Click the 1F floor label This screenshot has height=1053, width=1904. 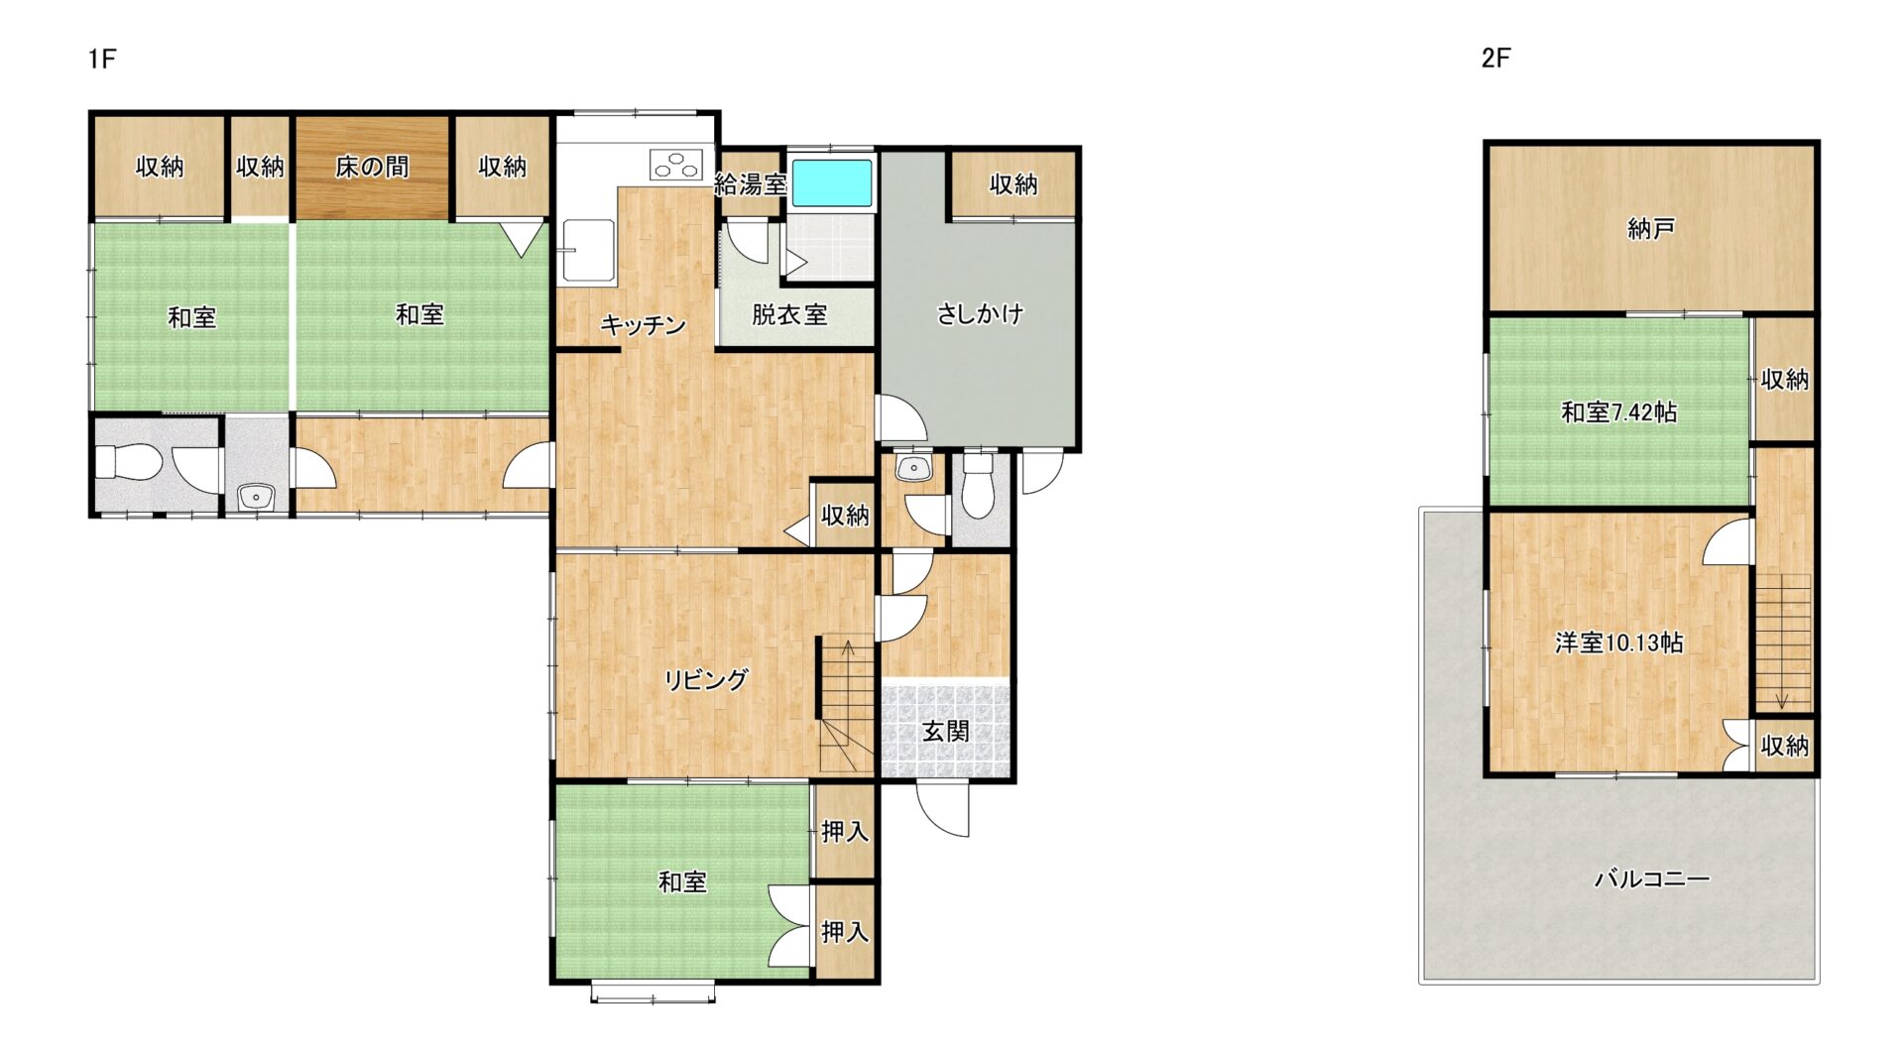pyautogui.click(x=102, y=58)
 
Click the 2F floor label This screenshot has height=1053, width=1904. pyautogui.click(x=1495, y=58)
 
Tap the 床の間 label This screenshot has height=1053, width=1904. pyautogui.click(x=372, y=167)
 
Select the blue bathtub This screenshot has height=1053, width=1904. pyautogui.click(x=832, y=182)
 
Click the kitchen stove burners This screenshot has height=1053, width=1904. pyautogui.click(x=676, y=165)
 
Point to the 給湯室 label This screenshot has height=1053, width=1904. pyautogui.click(x=751, y=184)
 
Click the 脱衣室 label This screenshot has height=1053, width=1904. pyautogui.click(x=789, y=315)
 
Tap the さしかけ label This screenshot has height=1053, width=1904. pyautogui.click(x=980, y=314)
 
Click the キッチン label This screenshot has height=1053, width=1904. pyautogui.click(x=644, y=324)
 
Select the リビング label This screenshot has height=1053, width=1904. pyautogui.click(x=705, y=680)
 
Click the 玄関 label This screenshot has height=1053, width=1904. pyautogui.click(x=945, y=731)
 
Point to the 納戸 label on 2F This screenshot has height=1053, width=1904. pyautogui.click(x=1651, y=229)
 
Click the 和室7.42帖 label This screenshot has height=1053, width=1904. pyautogui.click(x=1618, y=412)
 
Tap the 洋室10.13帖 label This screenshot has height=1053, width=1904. pyautogui.click(x=1618, y=643)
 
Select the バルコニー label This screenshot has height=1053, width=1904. pyautogui.click(x=1652, y=878)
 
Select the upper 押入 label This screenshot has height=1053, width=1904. pyautogui.click(x=845, y=831)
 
